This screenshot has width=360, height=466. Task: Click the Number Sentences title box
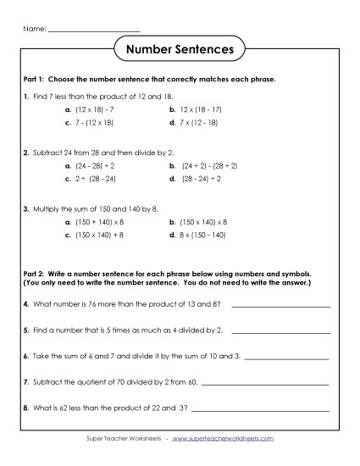[x=180, y=49]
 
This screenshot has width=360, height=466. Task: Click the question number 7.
[x=26, y=382]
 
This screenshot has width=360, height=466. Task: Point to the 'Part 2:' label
[x=35, y=275]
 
